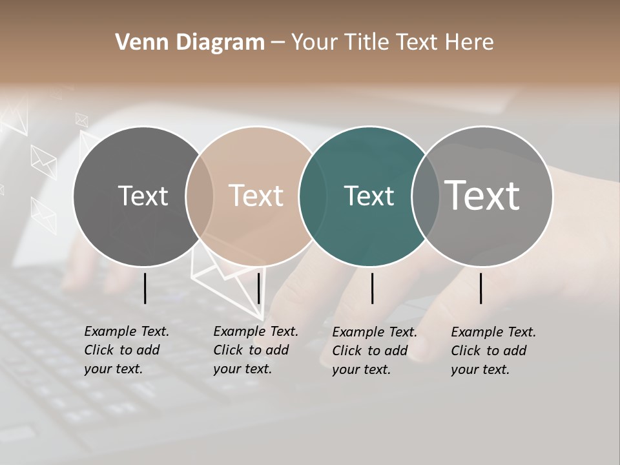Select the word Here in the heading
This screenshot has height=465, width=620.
point(470,43)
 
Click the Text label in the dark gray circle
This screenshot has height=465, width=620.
point(143,196)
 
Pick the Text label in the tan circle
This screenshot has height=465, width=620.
point(256,196)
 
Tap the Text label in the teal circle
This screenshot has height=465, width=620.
point(369,196)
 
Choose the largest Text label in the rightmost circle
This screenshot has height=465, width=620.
point(482,195)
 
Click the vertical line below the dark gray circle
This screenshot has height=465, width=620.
point(145,288)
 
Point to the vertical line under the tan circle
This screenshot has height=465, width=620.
point(258,288)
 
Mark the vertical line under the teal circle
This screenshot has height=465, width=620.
point(372,288)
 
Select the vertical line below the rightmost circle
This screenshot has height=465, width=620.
point(481,288)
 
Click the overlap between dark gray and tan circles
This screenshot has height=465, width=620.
point(200,196)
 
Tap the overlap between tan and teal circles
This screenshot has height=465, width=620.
point(313,196)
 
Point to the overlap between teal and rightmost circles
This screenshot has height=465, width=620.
point(426,196)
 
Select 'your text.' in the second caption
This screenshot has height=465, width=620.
point(242,369)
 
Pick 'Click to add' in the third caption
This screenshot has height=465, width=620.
point(370,351)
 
